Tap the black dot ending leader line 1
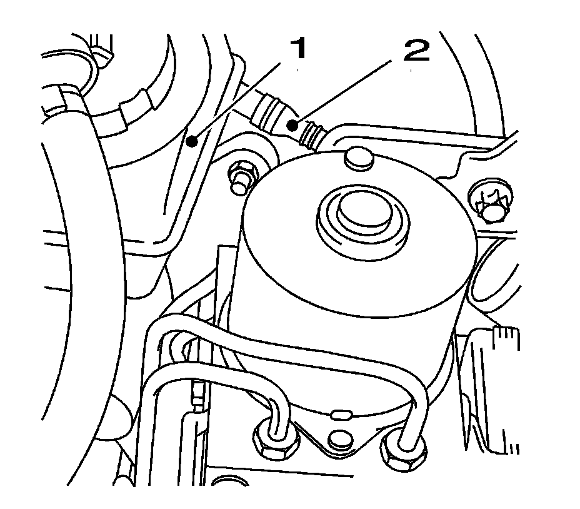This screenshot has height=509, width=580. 193,142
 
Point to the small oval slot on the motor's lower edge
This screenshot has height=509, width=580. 341,414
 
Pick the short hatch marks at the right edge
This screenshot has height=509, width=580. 507,337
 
